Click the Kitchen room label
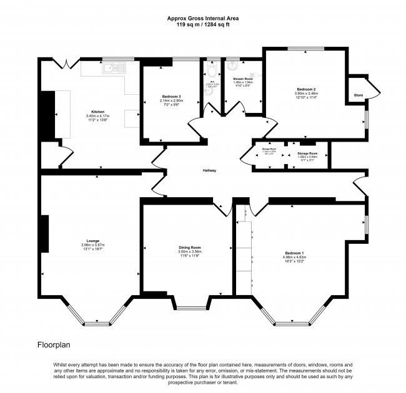[x=80, y=110]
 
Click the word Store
[x=358, y=95]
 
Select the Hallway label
[x=209, y=170]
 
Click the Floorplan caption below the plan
[x=55, y=344]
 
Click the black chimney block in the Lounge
[x=45, y=234]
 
